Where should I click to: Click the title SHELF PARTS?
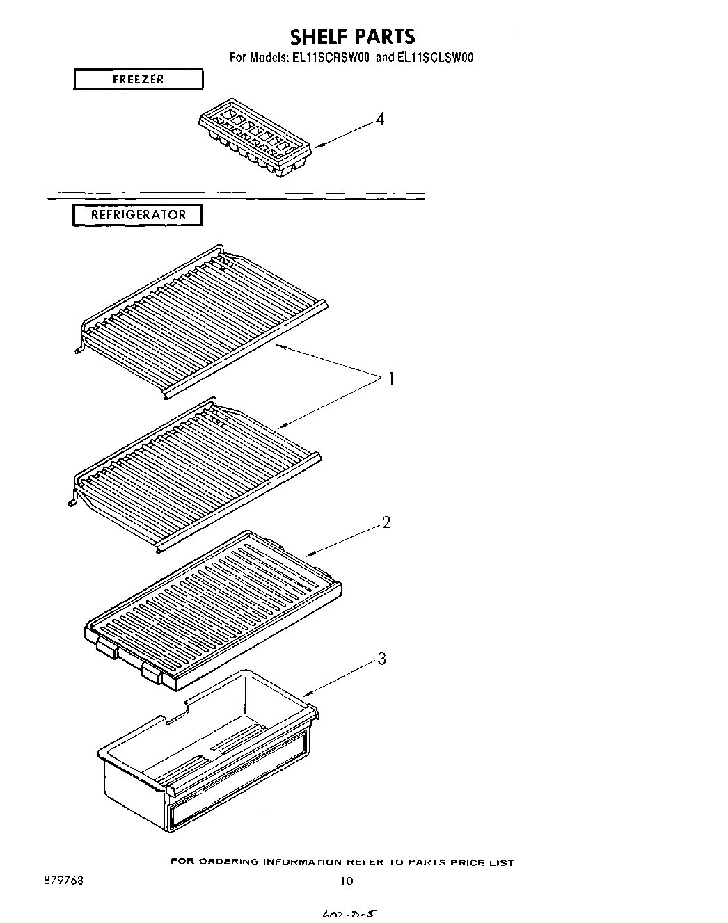click(x=352, y=36)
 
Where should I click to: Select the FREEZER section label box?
click(x=139, y=79)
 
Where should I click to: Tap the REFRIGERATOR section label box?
click(x=138, y=215)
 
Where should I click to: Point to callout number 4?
click(x=379, y=119)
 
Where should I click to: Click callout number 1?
click(x=391, y=379)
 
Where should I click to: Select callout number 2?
click(x=386, y=522)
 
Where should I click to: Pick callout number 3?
click(x=381, y=658)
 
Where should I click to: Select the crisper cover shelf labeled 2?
click(x=212, y=605)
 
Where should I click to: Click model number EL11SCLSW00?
click(x=435, y=58)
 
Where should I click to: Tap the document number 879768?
click(x=63, y=880)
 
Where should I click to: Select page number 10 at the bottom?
click(x=347, y=881)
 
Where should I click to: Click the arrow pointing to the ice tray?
click(x=345, y=134)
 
